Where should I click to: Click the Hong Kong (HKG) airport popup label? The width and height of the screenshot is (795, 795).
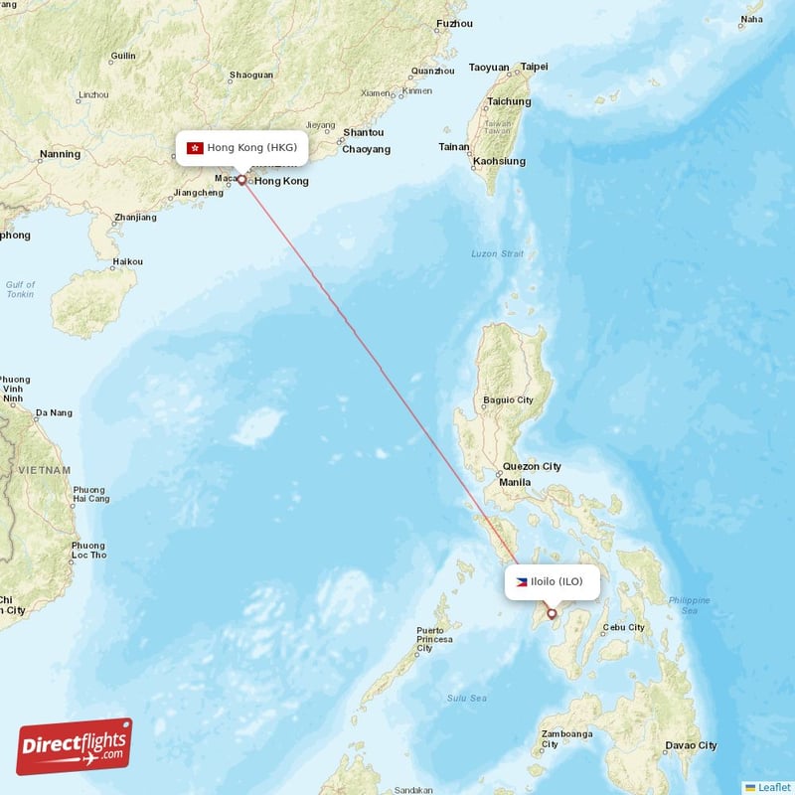pos(240,147)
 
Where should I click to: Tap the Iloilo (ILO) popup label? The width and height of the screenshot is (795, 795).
pos(553,581)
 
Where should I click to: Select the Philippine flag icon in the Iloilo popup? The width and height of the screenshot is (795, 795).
pos(521,581)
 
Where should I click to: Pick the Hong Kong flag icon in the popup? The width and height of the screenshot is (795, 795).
pos(195,147)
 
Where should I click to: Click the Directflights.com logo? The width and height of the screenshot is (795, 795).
pos(75,746)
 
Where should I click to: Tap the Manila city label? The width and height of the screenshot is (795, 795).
pos(515,482)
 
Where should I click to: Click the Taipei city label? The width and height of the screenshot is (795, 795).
pos(534,67)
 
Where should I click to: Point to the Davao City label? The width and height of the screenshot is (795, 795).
pos(691,745)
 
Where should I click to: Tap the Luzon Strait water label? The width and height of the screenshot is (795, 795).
pos(497,253)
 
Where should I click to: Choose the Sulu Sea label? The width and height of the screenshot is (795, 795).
pos(466,698)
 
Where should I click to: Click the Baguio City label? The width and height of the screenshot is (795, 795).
pos(507,399)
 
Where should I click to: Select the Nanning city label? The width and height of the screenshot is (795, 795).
pos(60,154)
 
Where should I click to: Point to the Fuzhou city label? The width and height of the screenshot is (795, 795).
pos(454,23)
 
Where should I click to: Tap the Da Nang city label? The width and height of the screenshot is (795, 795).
pos(54,412)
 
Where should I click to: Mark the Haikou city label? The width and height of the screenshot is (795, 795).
pos(127,261)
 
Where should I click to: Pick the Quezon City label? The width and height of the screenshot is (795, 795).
pos(532,466)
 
